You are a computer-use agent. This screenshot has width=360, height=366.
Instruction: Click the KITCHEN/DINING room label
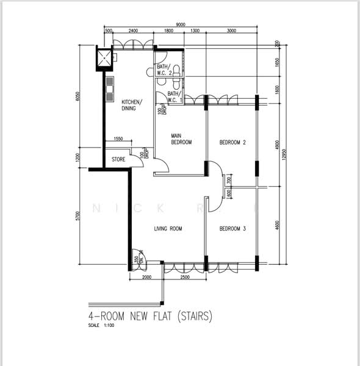pos(132,105)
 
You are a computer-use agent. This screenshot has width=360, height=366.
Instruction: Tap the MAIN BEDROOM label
pos(181,138)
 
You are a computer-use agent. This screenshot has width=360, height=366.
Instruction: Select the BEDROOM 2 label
pos(232,143)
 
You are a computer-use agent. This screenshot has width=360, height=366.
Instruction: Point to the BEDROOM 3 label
pos(232,229)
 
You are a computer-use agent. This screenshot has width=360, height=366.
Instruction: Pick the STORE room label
pos(118,160)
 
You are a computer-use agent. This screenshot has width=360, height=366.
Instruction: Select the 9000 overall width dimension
pos(181,24)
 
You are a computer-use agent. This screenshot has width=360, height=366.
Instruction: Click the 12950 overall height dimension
pos(283,156)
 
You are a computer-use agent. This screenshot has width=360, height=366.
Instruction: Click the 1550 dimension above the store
pos(118,139)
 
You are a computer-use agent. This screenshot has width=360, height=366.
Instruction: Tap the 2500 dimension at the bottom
pos(184,278)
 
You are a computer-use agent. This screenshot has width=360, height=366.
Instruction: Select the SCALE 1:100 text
pos(101,325)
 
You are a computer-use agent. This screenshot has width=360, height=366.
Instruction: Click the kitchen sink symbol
pos(110,88)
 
